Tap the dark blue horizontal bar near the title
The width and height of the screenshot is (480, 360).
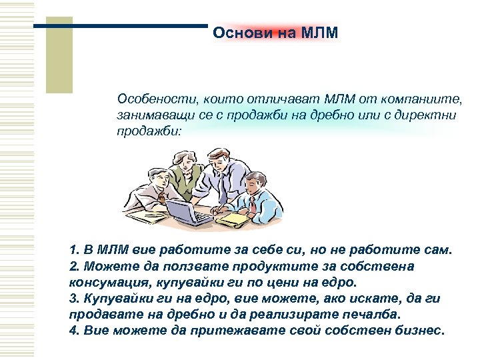(120, 26)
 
